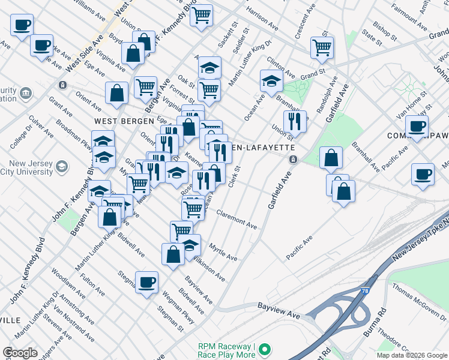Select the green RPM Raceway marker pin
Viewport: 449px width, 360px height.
point(265,349)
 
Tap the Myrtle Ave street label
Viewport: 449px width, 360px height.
point(223,251)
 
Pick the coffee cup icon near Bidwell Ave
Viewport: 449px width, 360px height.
point(146,282)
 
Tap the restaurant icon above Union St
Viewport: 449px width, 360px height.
point(295,121)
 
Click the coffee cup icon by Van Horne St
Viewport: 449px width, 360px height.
point(417,126)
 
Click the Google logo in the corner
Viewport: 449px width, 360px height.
point(20,353)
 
